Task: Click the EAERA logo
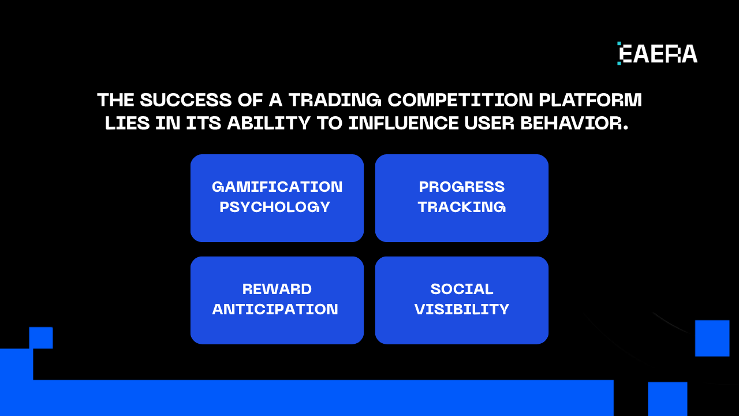point(657,54)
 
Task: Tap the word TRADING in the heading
point(335,100)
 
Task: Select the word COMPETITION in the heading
point(460,100)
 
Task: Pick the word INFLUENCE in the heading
point(404,123)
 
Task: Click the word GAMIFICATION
point(277,187)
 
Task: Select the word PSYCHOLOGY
point(275,207)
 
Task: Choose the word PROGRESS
point(462,187)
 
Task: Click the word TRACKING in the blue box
point(462,207)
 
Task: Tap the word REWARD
point(277,289)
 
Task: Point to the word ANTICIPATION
point(275,309)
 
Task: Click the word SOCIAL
point(462,289)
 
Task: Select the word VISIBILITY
point(462,309)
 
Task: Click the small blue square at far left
point(41,338)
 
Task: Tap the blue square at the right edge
point(712,338)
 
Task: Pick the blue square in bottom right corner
point(667,399)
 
